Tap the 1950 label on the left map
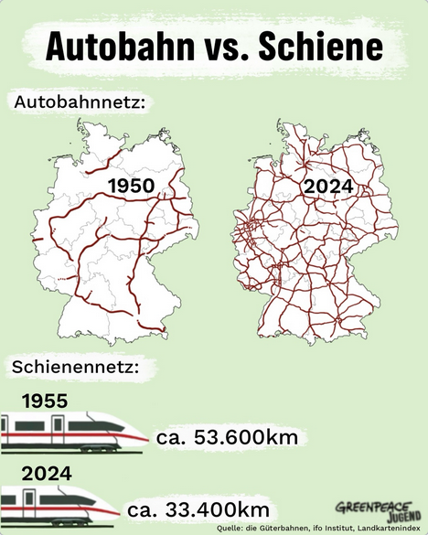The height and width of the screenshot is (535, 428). (131, 187)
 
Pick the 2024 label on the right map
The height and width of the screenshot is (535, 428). (329, 187)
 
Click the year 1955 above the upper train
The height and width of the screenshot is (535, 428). (45, 400)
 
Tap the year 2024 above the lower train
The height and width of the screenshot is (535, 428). (45, 474)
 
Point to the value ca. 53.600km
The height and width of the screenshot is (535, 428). (228, 438)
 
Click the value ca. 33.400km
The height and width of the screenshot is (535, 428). (198, 508)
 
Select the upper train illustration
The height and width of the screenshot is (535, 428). (73, 432)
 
